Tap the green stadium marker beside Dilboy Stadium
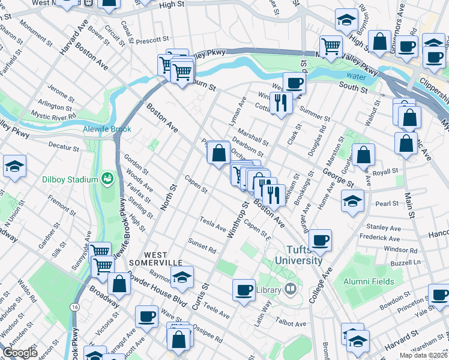click(107, 178)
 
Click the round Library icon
click(291, 290)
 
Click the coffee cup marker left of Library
click(244, 290)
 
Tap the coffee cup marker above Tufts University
click(321, 240)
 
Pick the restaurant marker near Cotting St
click(280, 102)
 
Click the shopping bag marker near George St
click(364, 155)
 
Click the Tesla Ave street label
click(213, 224)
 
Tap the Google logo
click(19, 352)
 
